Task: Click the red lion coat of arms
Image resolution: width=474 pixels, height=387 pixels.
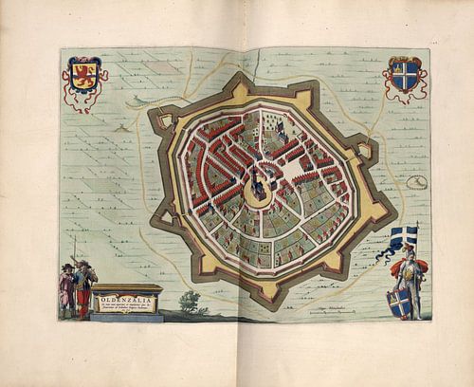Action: point(84,74)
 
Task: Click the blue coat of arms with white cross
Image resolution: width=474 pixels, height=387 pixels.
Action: point(405,74)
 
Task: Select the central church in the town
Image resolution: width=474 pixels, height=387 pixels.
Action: point(258,180)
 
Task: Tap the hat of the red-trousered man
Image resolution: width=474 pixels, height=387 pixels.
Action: point(82,264)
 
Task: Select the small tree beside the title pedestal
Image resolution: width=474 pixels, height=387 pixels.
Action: point(191,303)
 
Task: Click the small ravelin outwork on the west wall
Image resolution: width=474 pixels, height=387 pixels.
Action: point(163,120)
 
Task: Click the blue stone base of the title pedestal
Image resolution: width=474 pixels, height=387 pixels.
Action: point(126,317)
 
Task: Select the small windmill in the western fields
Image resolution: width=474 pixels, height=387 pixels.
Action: point(121,126)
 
